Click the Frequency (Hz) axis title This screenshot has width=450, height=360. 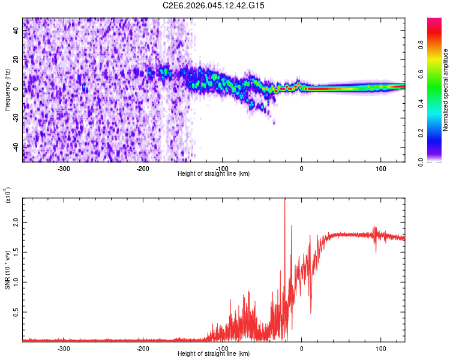(x=7, y=90)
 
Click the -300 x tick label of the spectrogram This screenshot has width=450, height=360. (x=64, y=169)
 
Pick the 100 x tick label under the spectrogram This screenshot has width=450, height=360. (x=380, y=169)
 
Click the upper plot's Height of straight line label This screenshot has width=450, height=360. (x=214, y=173)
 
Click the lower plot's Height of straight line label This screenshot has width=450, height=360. (x=214, y=353)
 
